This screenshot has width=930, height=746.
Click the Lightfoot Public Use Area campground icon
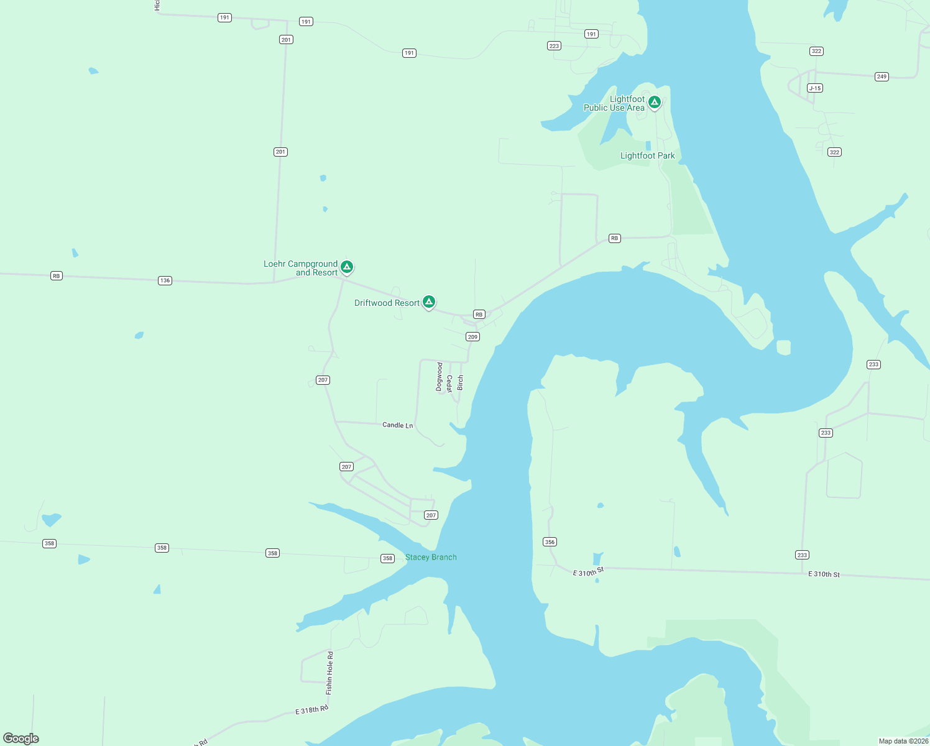(x=654, y=102)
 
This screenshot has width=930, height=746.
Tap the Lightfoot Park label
(x=647, y=156)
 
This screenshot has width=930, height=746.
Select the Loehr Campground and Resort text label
(x=301, y=269)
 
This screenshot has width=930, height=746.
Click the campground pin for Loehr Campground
(x=347, y=267)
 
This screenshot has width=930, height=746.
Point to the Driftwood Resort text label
(x=387, y=303)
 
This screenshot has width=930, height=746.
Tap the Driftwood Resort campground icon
(x=428, y=302)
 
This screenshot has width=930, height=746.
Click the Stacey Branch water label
(x=431, y=558)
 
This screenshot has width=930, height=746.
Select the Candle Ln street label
(x=397, y=425)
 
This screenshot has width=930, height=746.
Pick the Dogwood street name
(x=440, y=377)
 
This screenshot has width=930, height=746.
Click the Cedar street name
(x=449, y=384)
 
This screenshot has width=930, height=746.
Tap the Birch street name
(x=460, y=382)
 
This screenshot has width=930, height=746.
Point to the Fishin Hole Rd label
(x=329, y=673)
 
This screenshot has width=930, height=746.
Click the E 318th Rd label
(x=311, y=710)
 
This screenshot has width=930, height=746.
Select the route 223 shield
(x=554, y=46)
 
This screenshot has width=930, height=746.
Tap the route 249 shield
(x=882, y=77)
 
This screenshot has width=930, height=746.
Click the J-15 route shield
(x=815, y=88)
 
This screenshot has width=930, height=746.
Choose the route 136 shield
(x=165, y=281)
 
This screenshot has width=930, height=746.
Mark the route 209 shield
(x=472, y=337)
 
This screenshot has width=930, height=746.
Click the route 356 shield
(x=550, y=542)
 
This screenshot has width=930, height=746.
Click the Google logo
(x=21, y=739)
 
